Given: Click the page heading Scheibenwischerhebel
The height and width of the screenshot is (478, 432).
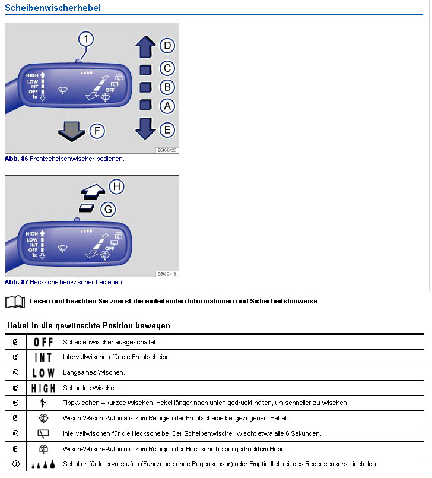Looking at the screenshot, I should click(x=53, y=8).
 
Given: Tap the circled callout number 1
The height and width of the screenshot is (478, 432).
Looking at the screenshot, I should click(x=87, y=39).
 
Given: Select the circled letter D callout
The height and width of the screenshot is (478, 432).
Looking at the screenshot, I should click(x=167, y=46).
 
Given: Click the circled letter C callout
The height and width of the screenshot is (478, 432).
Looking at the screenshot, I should click(x=167, y=69).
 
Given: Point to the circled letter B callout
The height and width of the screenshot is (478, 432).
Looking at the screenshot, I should click(x=167, y=87).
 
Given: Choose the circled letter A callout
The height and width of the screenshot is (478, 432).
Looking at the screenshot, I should click(x=167, y=106).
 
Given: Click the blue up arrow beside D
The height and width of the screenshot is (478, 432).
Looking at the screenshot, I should click(x=145, y=47).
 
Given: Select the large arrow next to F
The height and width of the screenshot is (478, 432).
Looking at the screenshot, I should click(x=72, y=131).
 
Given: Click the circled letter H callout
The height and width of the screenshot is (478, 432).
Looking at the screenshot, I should click(x=117, y=187).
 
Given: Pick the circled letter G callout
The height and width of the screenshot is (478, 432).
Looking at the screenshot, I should click(x=107, y=209).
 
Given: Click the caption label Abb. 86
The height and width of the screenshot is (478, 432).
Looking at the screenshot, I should click(x=16, y=159).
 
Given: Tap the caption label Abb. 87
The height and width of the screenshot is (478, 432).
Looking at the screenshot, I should click(x=16, y=282).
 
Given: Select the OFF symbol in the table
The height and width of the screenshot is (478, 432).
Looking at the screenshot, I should click(x=43, y=343).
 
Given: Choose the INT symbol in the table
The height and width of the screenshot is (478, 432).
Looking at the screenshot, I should click(x=43, y=357).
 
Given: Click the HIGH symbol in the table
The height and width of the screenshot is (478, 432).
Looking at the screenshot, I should click(x=43, y=388).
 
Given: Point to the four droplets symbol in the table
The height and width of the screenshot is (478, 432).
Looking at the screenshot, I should click(x=43, y=464).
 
